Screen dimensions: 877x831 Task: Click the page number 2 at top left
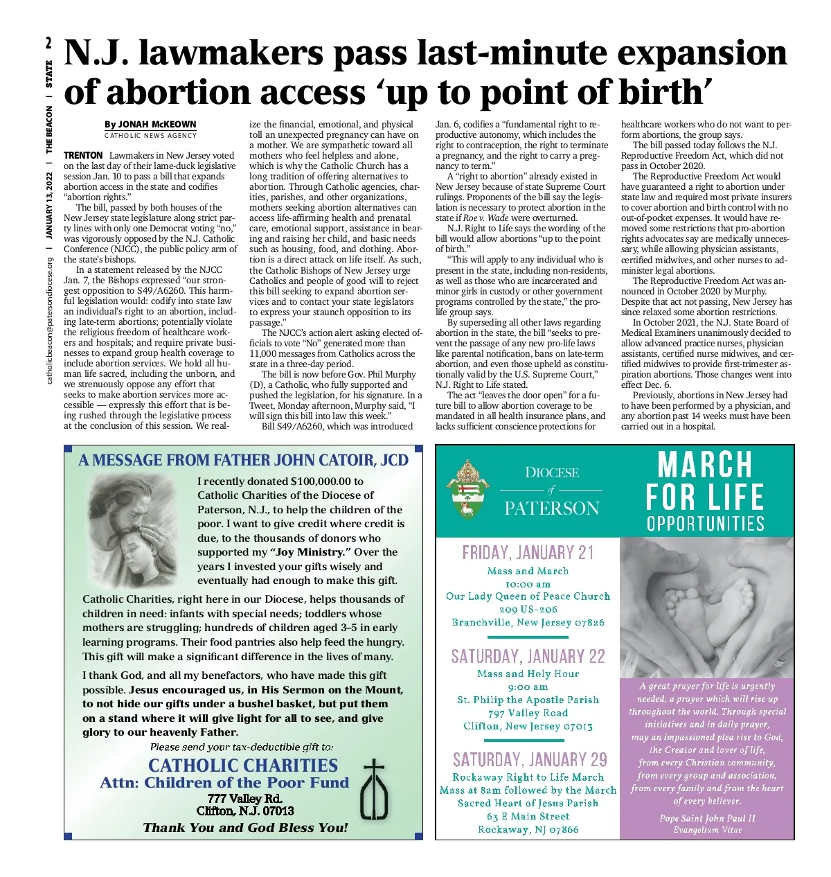click(48, 43)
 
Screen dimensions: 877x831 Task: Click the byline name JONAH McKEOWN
click(158, 125)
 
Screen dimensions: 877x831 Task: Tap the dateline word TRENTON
click(83, 155)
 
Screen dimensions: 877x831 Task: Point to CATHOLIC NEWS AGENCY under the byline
click(150, 136)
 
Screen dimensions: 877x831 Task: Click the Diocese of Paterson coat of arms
click(467, 489)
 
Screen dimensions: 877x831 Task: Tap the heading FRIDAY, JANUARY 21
click(528, 553)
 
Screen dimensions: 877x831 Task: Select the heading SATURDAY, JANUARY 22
click(528, 656)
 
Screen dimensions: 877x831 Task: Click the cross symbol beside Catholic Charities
click(374, 790)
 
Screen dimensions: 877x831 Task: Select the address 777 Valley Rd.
click(244, 799)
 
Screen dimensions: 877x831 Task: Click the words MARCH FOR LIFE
click(705, 480)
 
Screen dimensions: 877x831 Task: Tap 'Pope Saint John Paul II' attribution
click(707, 818)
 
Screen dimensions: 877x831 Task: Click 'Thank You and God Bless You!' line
click(245, 828)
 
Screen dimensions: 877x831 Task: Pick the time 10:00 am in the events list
click(528, 584)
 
